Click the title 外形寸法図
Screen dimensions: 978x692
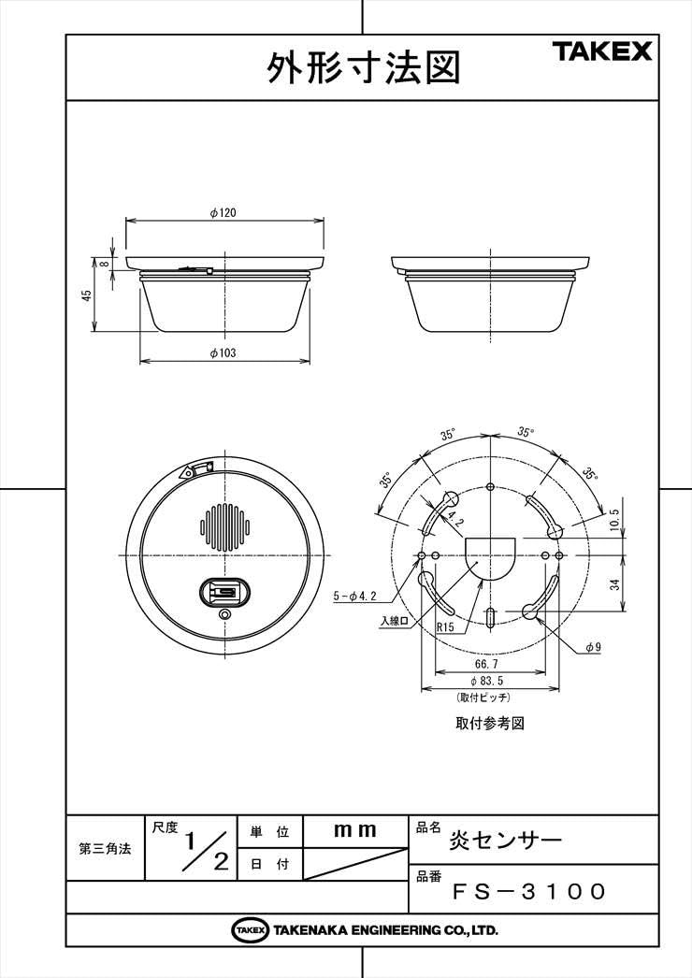point(363,68)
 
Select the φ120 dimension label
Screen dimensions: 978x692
point(223,213)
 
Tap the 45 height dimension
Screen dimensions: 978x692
point(86,295)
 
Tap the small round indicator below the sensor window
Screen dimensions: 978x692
point(224,614)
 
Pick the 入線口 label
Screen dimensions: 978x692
point(394,620)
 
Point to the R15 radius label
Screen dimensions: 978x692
point(446,628)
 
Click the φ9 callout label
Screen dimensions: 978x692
point(593,647)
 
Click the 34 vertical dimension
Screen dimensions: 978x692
point(614,584)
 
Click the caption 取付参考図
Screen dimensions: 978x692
point(489,723)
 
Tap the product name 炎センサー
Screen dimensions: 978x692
point(506,839)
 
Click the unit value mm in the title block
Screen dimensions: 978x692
point(355,830)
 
